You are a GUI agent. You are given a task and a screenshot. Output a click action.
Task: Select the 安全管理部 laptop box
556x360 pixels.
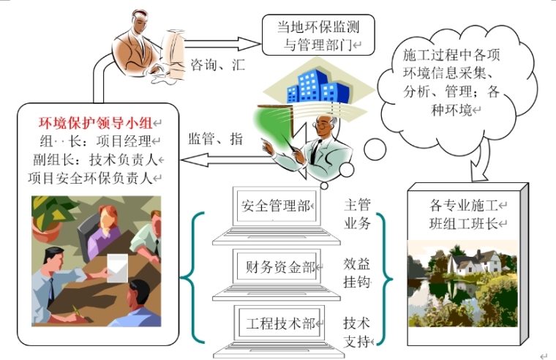275,206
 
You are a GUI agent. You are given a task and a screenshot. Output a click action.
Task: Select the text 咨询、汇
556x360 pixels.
217,64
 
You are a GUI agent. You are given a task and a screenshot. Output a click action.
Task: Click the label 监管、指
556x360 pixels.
215,139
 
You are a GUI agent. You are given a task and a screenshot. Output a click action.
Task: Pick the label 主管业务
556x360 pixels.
357,213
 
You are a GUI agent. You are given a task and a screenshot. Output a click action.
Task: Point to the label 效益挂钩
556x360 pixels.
357,272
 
